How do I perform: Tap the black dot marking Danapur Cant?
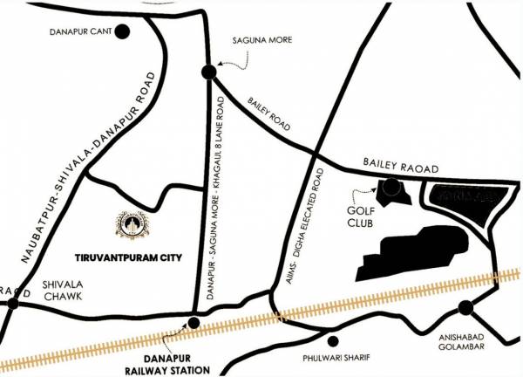[x=122, y=32]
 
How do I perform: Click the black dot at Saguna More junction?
[x=208, y=72]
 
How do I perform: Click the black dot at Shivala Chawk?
[x=12, y=305]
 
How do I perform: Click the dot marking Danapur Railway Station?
[x=194, y=323]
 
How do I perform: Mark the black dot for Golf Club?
[x=391, y=186]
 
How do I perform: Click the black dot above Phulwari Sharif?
[x=331, y=340]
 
